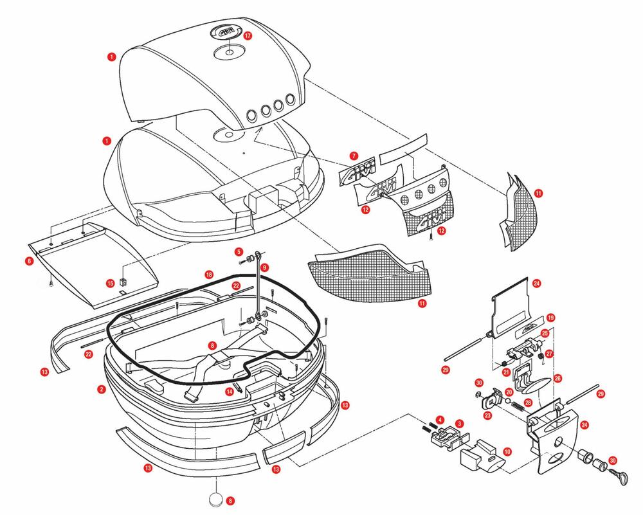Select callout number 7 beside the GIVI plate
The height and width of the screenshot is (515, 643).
[354, 155]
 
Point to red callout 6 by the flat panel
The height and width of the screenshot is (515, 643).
[30, 261]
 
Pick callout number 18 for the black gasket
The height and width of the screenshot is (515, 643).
[209, 275]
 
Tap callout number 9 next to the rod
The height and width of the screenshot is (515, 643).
[264, 267]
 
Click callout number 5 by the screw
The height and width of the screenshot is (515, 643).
[238, 251]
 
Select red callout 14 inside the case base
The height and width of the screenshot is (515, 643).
[229, 391]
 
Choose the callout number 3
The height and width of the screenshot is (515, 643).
[459, 424]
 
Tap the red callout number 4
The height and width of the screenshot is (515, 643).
[439, 419]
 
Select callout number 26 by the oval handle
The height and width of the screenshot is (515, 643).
[557, 378]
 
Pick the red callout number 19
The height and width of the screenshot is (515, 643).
[551, 318]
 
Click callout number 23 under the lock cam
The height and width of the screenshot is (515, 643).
[487, 416]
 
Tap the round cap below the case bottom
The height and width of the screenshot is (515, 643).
[217, 500]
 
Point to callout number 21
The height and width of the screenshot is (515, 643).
[507, 372]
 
